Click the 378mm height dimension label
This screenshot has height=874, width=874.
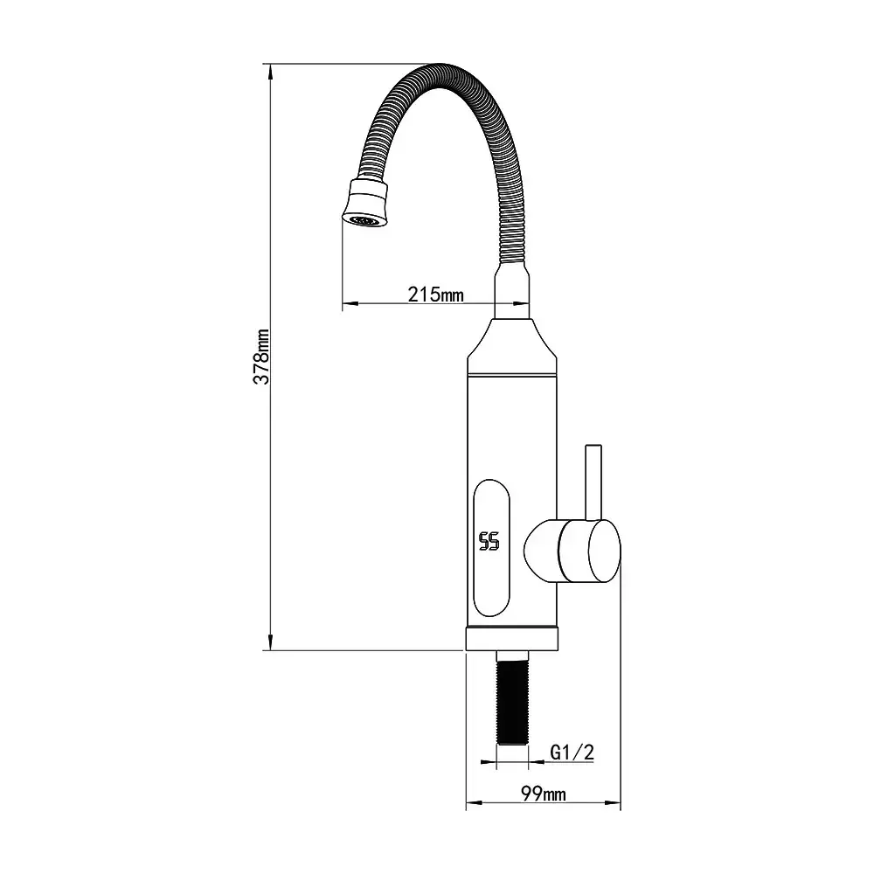pos(261,357)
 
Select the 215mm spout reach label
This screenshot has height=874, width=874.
pos(435,294)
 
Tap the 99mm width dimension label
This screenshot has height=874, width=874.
pos(543,794)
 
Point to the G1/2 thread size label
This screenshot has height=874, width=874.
pos(572,752)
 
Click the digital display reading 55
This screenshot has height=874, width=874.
pos(489,541)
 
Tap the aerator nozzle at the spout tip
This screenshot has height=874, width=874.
pos(365,204)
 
